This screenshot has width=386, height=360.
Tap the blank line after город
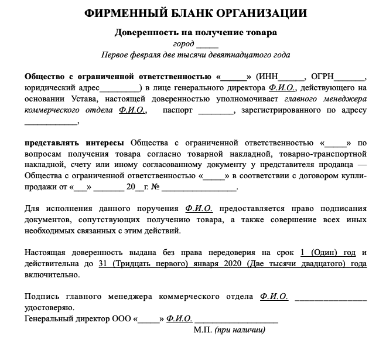pos(207,45)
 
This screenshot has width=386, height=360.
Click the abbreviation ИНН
pos(268,77)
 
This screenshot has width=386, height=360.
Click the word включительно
pos(53,275)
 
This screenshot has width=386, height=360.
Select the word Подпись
pos(42,297)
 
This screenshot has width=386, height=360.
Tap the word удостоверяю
pos(50,308)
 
